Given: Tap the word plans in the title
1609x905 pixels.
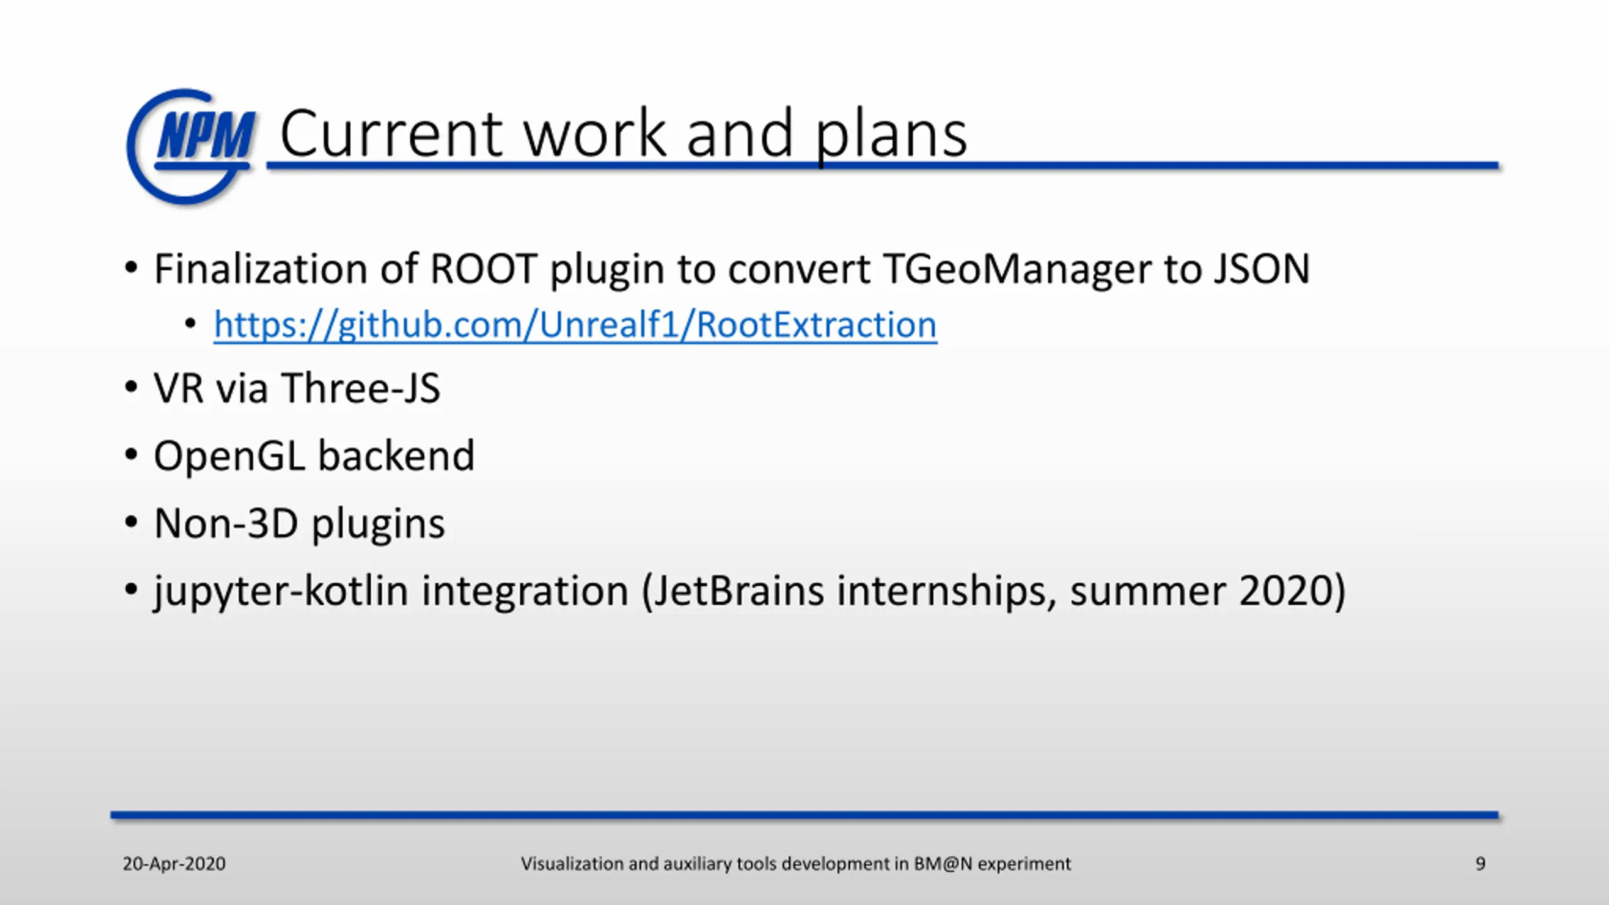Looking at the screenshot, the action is [x=891, y=137].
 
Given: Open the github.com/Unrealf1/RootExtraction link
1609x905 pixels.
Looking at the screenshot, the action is [x=575, y=326].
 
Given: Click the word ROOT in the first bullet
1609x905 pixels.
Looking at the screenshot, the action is [x=483, y=269].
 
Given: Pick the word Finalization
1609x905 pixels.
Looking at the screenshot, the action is [x=260, y=269].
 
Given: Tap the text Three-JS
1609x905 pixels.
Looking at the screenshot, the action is [x=361, y=388].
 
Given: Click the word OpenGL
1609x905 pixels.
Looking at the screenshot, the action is [x=229, y=457].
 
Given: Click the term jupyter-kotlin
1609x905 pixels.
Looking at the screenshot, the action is [x=281, y=592].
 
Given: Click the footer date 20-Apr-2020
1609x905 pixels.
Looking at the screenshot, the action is [x=174, y=864].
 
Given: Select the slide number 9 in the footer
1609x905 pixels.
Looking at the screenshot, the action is [x=1480, y=864].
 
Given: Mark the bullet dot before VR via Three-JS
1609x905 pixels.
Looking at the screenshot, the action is [x=131, y=387].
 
